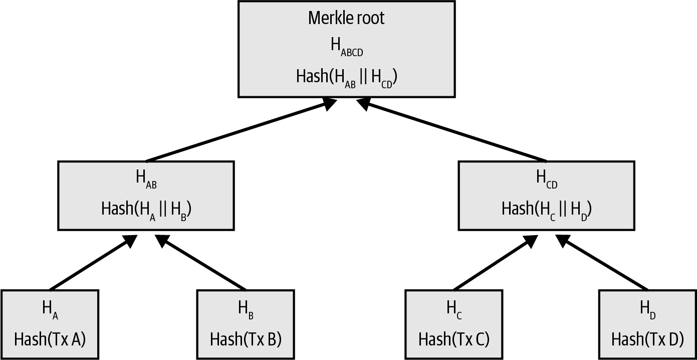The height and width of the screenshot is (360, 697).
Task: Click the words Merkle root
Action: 346,19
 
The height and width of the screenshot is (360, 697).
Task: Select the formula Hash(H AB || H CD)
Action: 346,77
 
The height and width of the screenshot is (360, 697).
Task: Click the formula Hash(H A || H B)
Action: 146,209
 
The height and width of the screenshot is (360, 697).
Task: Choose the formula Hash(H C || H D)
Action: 547,209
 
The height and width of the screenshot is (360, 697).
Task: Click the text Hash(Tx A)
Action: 50,339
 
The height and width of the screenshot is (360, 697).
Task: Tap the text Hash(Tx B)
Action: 246,339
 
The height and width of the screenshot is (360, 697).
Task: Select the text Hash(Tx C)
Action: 453,339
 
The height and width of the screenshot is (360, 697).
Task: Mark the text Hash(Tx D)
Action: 647,339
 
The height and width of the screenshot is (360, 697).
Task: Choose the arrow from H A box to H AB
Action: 93,263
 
